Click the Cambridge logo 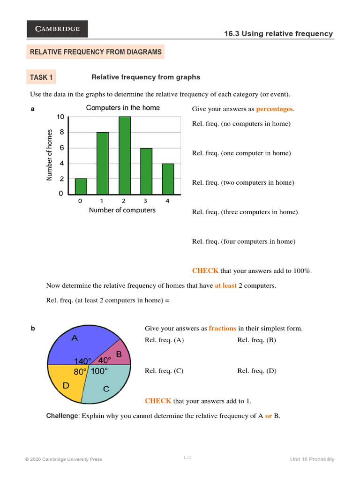coord(57,29)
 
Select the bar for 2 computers coord(124,155)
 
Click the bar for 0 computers coord(81,186)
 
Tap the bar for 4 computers coord(168,179)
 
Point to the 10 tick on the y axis coord(60,117)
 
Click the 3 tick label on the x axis coord(145,201)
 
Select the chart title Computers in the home coord(123,108)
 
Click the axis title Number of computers coord(122,210)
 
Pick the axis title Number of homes coord(49,155)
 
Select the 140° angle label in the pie coord(83,361)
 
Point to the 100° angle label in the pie coord(99,371)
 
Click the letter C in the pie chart coord(106,389)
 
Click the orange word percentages coord(274,109)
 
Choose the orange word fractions coord(223,328)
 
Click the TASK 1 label coord(42,77)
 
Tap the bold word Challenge coord(61,416)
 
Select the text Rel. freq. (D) coord(257,371)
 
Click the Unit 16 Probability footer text coord(312,459)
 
